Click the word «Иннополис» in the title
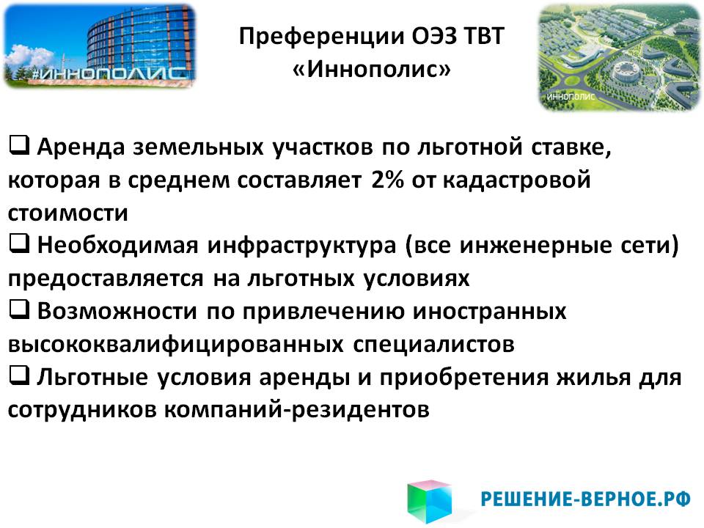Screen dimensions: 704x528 [x=371, y=69]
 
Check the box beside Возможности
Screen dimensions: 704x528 [x=19, y=309]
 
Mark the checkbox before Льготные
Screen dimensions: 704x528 [x=19, y=375]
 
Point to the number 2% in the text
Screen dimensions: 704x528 [x=387, y=180]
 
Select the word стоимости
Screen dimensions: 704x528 [x=67, y=213]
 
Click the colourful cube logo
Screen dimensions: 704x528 [x=430, y=501]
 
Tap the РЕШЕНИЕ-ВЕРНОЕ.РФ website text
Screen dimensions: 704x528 [x=585, y=499]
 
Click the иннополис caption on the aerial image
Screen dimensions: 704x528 [x=571, y=97]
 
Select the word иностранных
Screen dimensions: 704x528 [x=489, y=311]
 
